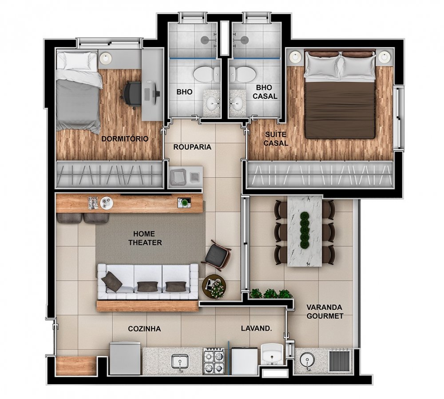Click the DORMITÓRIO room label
pyautogui.click(x=125, y=139)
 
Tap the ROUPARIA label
pyautogui.click(x=192, y=147)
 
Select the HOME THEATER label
pyautogui.click(x=145, y=238)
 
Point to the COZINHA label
pyautogui.click(x=144, y=329)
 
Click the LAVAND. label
pyautogui.click(x=257, y=328)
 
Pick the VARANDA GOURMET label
pyautogui.click(x=325, y=312)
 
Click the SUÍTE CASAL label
pyautogui.click(x=276, y=139)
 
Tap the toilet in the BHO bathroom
pyautogui.click(x=206, y=74)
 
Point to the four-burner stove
pyautogui.click(x=214, y=360)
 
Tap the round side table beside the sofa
pyautogui.click(x=214, y=286)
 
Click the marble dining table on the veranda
pyautogui.click(x=305, y=231)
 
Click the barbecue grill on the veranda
pyautogui.click(x=340, y=361)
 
